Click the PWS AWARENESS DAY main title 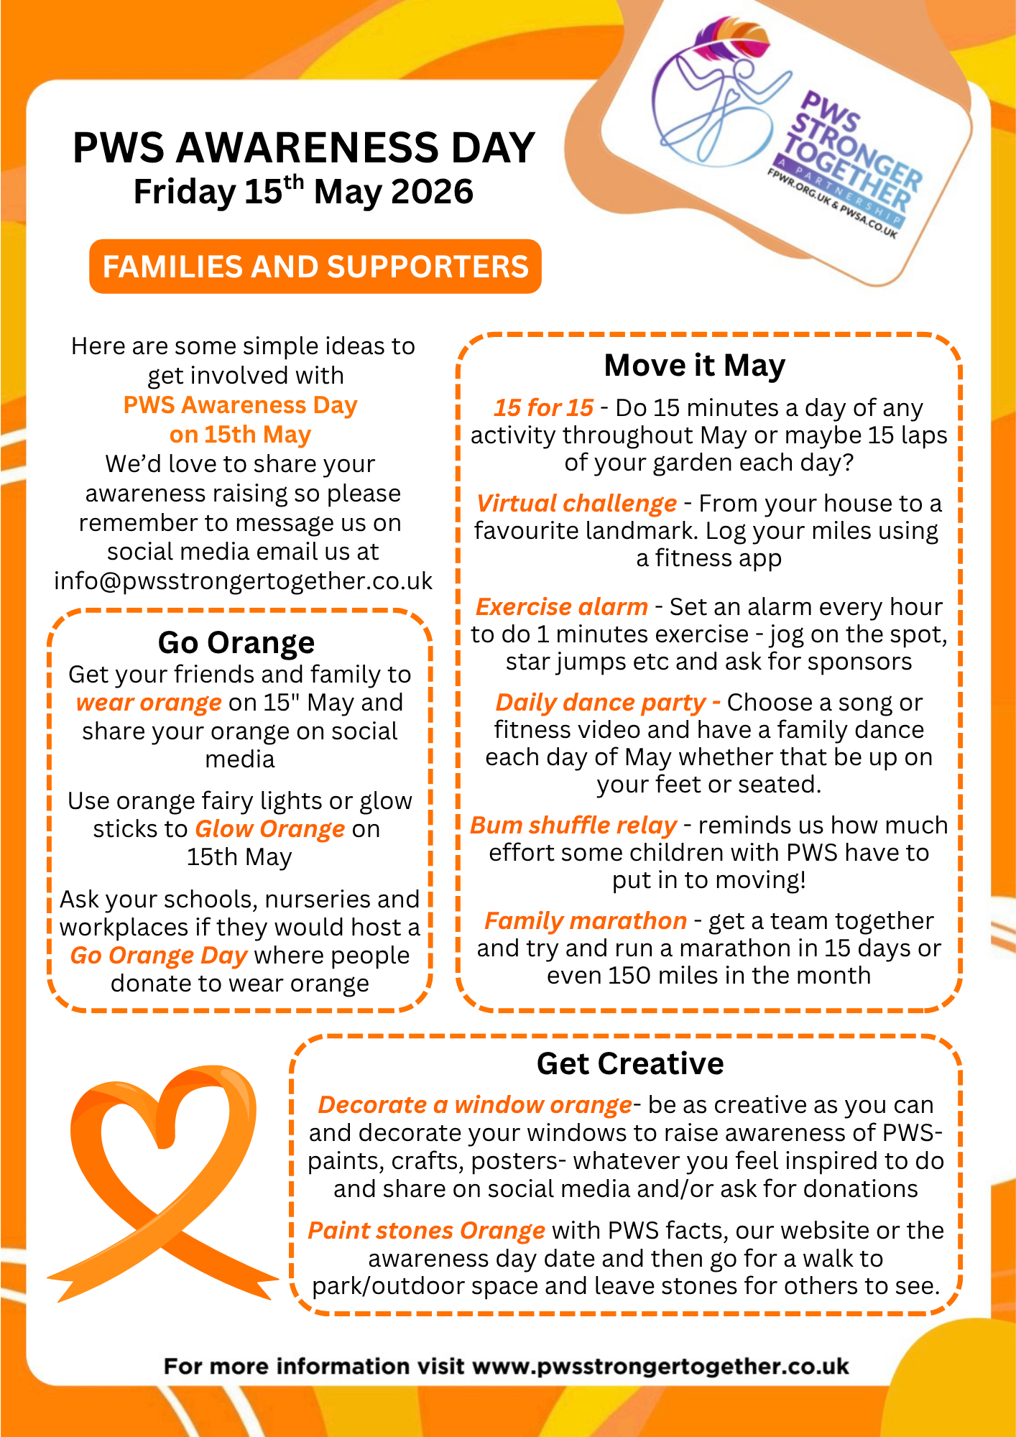(304, 148)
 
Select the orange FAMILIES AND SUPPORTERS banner (315, 267)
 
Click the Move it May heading (694, 365)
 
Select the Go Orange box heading (236, 642)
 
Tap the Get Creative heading (630, 1063)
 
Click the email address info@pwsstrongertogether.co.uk (244, 581)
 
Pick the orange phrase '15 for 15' (543, 408)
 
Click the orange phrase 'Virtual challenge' (576, 504)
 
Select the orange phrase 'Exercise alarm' (562, 607)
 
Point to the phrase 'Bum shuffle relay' (573, 826)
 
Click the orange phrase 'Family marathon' (586, 921)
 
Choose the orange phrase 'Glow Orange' (270, 829)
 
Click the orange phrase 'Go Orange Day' (159, 956)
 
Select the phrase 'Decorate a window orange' (475, 1105)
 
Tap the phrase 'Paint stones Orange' (427, 1231)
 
